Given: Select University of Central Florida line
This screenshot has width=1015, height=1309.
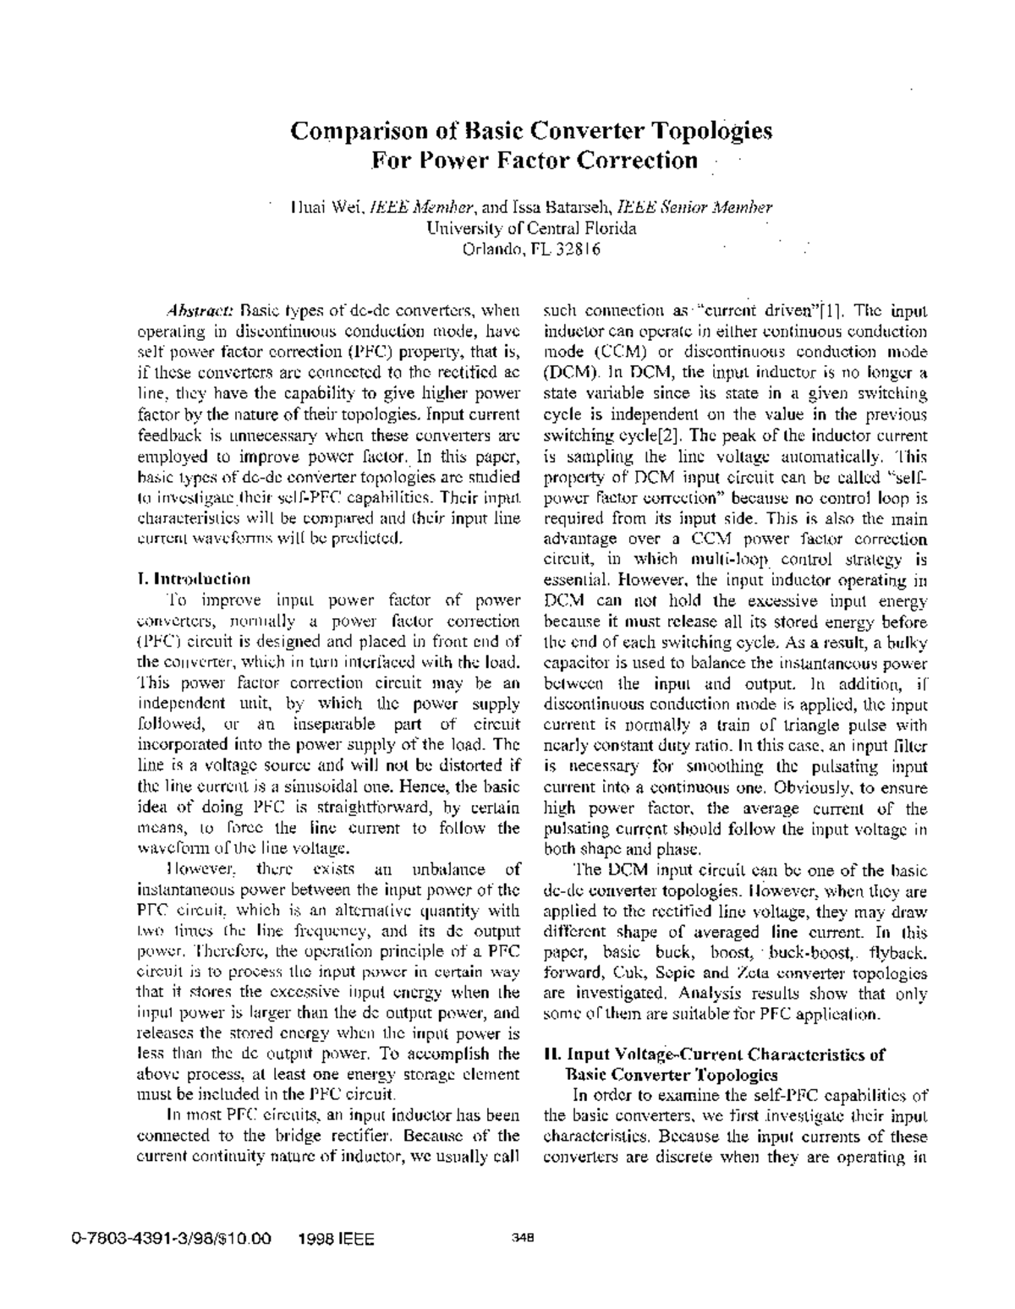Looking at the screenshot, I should tap(531, 228).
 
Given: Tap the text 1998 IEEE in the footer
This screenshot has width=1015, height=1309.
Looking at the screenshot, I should tap(337, 1240).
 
